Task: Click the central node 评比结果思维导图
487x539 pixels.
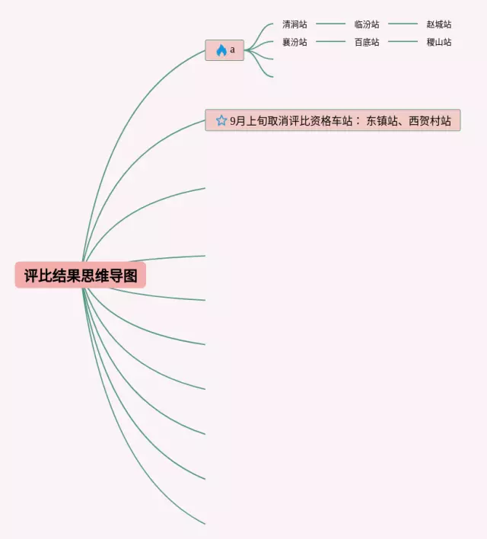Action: pyautogui.click(x=80, y=275)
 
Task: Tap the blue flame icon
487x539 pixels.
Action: pyautogui.click(x=221, y=50)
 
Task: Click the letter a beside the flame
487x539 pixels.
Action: pyautogui.click(x=233, y=50)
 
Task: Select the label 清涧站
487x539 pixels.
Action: pyautogui.click(x=294, y=24)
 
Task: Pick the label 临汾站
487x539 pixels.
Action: pyautogui.click(x=367, y=24)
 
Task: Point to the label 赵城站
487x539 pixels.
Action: pyautogui.click(x=439, y=24)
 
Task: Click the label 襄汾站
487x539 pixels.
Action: pyautogui.click(x=294, y=42)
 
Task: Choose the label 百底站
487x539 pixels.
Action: pyautogui.click(x=367, y=42)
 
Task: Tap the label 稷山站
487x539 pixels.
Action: pyautogui.click(x=439, y=42)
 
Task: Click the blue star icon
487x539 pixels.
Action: pyautogui.click(x=221, y=120)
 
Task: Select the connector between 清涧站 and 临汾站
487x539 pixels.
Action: pyautogui.click(x=330, y=24)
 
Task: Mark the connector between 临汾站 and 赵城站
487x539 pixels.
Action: pyautogui.click(x=403, y=24)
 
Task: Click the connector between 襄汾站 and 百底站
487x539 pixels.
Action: pyautogui.click(x=330, y=42)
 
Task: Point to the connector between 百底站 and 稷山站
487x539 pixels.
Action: pyautogui.click(x=403, y=42)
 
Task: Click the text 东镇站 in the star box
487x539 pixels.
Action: pyautogui.click(x=383, y=120)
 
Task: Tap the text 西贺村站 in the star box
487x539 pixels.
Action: pyautogui.click(x=430, y=120)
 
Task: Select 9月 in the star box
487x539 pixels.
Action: pyautogui.click(x=238, y=120)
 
